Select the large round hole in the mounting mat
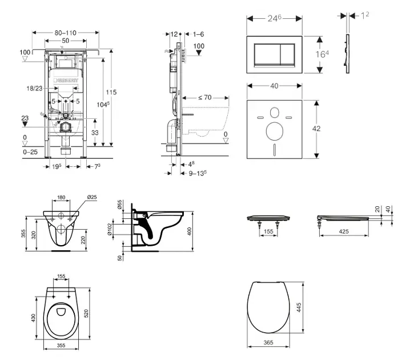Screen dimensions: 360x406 [274, 132]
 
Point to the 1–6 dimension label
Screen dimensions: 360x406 [199, 34]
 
